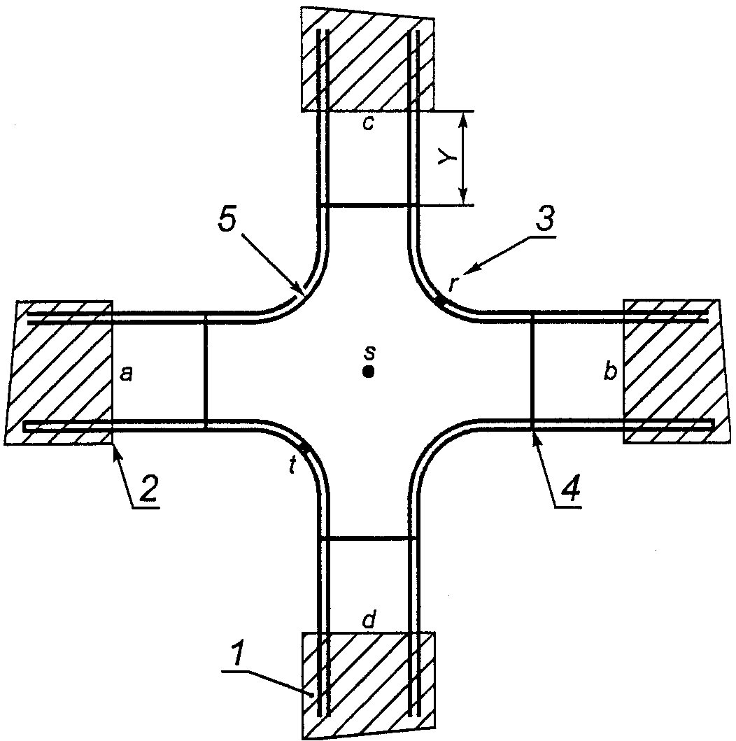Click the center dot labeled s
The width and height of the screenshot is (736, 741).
click(x=368, y=372)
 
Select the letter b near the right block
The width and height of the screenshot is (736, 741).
click(x=610, y=373)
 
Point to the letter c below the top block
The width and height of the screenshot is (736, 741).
click(x=368, y=124)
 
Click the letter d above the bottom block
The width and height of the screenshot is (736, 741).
click(x=368, y=620)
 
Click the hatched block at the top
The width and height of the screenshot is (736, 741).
click(x=368, y=59)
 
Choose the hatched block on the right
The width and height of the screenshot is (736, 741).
click(x=672, y=371)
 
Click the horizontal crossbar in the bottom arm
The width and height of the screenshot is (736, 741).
click(x=368, y=538)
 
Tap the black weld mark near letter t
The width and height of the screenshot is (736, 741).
click(x=304, y=448)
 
